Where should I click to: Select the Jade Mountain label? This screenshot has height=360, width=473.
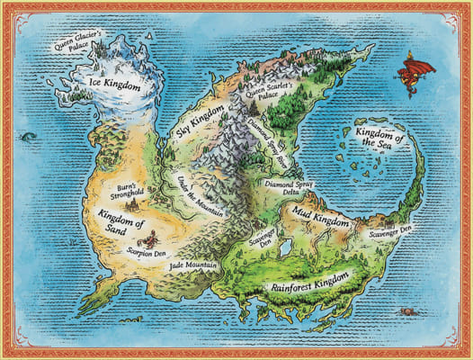188,268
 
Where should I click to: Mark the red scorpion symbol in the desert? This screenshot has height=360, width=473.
154,239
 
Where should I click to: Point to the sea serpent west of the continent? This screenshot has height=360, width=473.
27,137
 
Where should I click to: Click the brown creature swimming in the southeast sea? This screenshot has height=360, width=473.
413,310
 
